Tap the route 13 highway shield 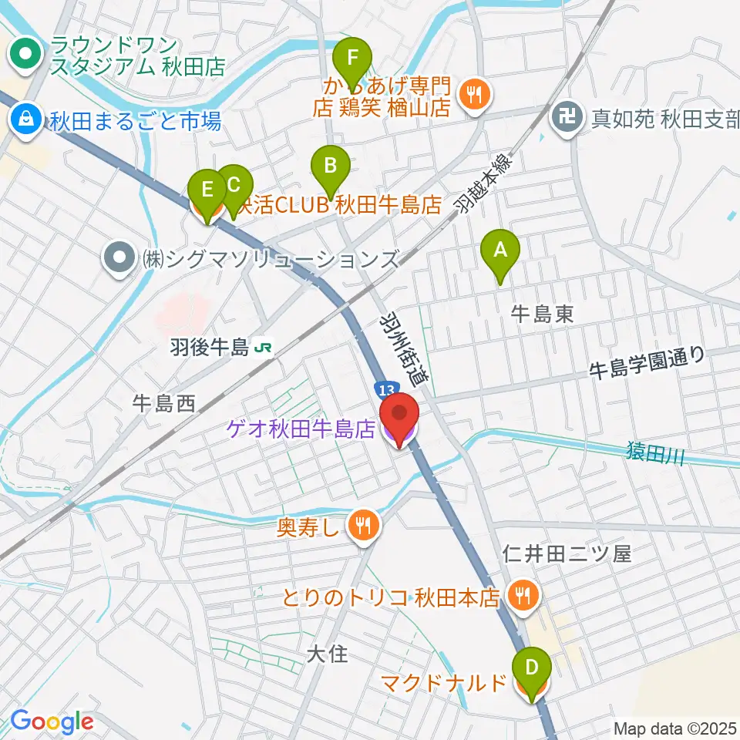click(x=385, y=387)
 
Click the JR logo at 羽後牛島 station click(x=263, y=348)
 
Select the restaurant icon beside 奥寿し click(x=362, y=526)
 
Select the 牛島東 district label click(x=543, y=313)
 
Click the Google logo click(x=52, y=721)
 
